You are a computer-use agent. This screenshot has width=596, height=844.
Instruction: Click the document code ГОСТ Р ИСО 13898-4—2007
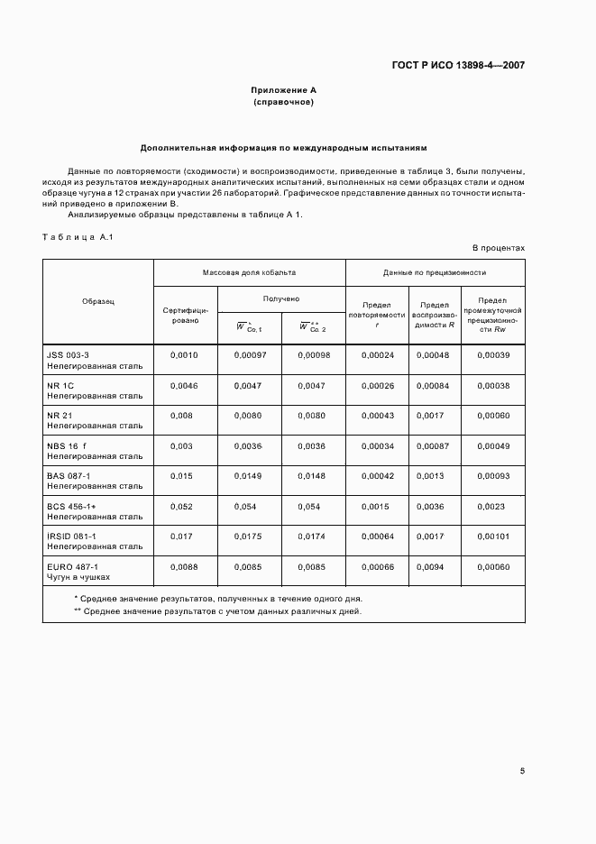tap(458, 65)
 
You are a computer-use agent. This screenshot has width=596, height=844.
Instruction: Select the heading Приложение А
tap(284, 90)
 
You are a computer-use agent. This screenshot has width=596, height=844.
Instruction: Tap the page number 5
tap(522, 771)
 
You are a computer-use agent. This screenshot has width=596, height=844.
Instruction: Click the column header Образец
tap(98, 301)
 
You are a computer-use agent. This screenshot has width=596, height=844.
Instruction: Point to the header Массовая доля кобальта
tap(249, 271)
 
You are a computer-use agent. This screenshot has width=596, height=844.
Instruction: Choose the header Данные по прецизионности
tap(435, 271)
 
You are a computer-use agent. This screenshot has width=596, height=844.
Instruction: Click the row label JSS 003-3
tap(68, 355)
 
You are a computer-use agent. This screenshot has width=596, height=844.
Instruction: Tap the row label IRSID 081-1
tap(72, 536)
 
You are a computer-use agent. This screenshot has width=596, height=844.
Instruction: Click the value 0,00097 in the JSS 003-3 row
tap(249, 355)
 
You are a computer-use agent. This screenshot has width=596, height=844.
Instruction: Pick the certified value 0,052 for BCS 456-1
tap(181, 506)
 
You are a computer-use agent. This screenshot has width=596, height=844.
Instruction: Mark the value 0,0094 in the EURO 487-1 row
tap(435, 566)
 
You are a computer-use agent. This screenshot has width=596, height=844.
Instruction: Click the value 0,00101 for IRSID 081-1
tap(492, 536)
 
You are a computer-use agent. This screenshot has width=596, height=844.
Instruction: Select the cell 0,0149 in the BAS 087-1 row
tap(249, 475)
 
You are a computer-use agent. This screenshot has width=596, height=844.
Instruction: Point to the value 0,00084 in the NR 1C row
tap(435, 385)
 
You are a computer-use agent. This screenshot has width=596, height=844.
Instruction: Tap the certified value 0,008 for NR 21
tap(181, 416)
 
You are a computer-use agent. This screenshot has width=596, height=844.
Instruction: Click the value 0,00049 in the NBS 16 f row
tap(492, 445)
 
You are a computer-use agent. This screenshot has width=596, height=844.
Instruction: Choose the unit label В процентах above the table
tap(499, 247)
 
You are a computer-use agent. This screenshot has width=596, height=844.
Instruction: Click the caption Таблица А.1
tap(76, 236)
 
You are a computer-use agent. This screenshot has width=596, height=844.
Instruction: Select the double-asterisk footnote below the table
tap(216, 610)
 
